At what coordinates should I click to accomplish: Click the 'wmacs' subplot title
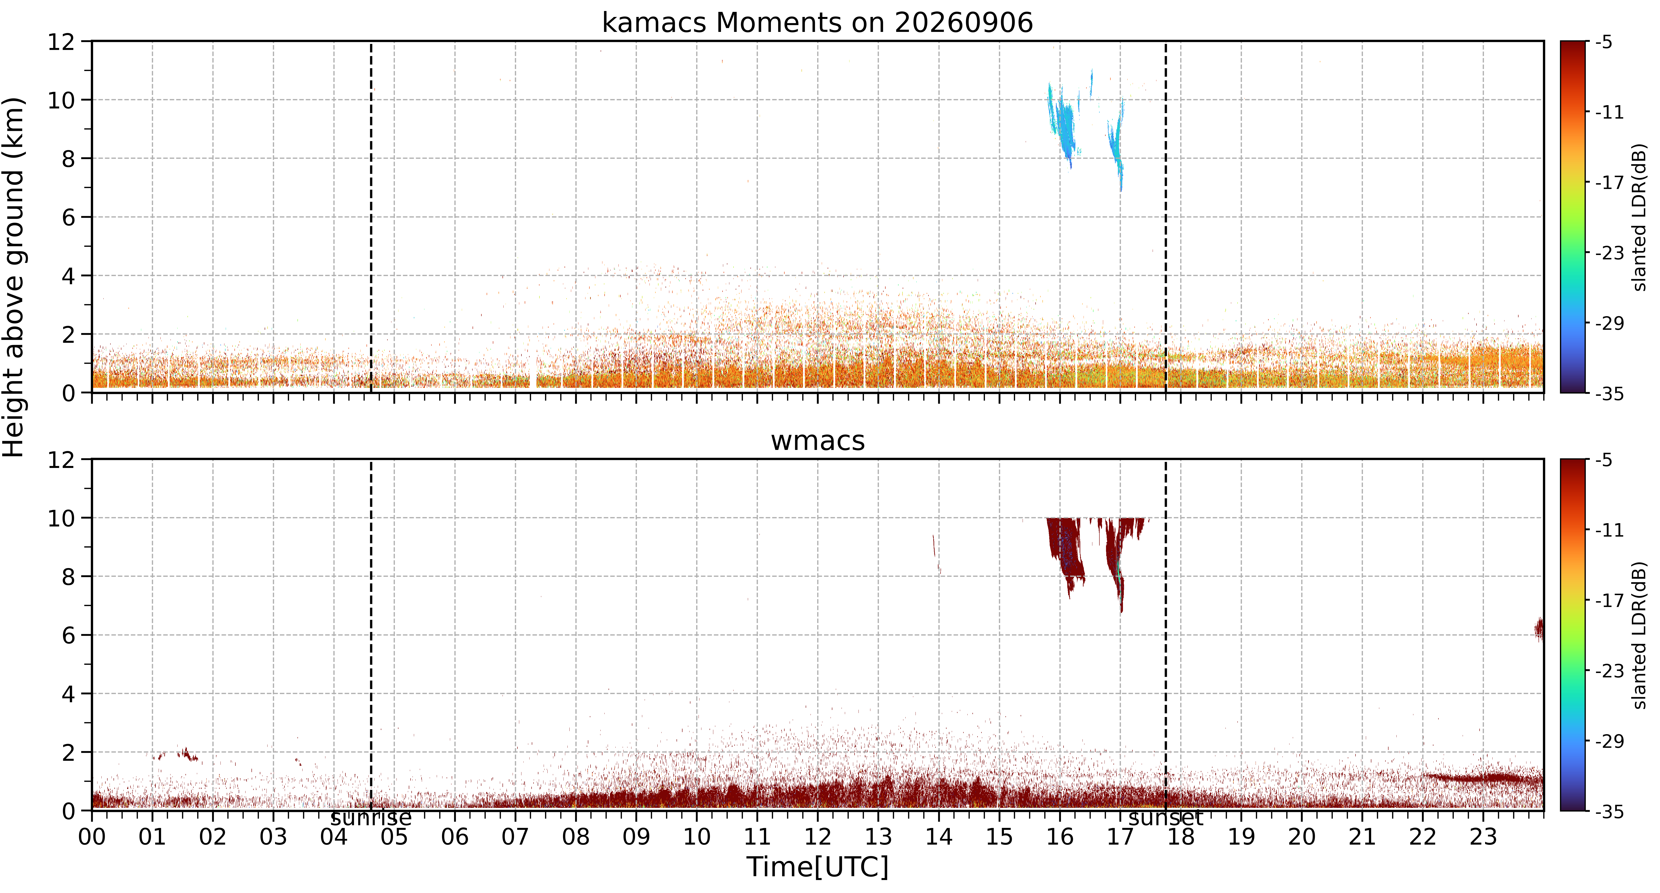pyautogui.click(x=817, y=441)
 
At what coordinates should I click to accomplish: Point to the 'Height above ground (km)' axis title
pyautogui.click(x=14, y=277)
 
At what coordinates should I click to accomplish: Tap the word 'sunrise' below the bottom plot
pyautogui.click(x=371, y=818)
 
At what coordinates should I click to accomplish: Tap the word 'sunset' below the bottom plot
pyautogui.click(x=1166, y=818)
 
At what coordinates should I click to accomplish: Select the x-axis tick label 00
pyautogui.click(x=92, y=837)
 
